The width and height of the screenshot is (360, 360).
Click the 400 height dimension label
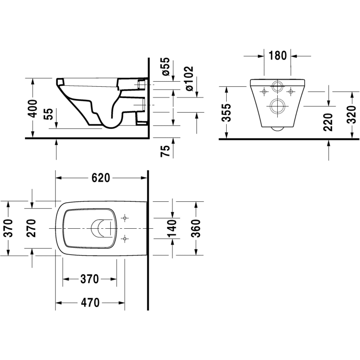[x=32, y=108]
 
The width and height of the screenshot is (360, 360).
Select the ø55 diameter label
[x=166, y=67]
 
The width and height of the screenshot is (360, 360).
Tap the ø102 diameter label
[x=189, y=78]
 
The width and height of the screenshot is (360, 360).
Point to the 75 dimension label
[x=166, y=151]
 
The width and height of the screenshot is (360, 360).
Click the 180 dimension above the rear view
[x=277, y=55]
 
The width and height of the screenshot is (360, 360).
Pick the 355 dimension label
[x=227, y=113]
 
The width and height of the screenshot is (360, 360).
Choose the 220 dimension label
[x=328, y=122]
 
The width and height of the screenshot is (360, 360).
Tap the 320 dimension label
[x=351, y=115]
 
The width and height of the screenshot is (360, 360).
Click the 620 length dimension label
[x=101, y=178]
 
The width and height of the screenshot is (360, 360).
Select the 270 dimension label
[x=31, y=228]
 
